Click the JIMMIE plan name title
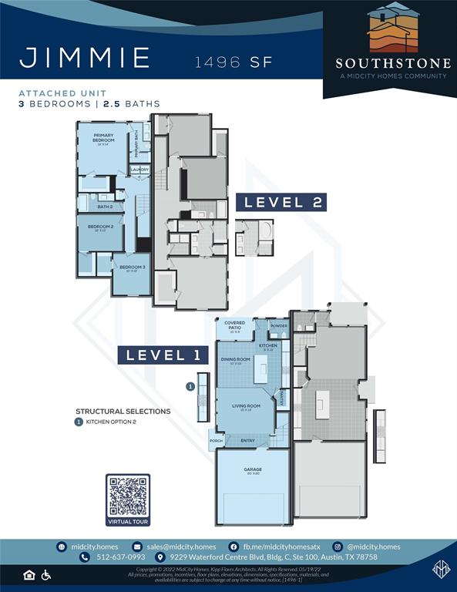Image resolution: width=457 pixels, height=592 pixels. coord(84,58)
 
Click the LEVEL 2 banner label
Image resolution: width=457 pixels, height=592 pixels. coord(283,203)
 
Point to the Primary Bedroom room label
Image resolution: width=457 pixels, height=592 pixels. coord(103,139)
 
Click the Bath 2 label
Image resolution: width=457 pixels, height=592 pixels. coord(105,207)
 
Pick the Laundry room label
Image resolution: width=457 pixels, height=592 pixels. coord(139,170)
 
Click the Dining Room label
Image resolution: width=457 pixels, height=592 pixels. coord(236,360)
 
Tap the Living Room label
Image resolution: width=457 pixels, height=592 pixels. coord(247,406)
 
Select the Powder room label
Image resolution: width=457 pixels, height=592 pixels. coord(279,326)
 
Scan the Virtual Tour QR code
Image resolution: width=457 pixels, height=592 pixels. coord(128,496)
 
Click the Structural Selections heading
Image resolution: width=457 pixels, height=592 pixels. coord(123,412)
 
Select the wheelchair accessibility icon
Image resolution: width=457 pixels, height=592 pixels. coord(45,575)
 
